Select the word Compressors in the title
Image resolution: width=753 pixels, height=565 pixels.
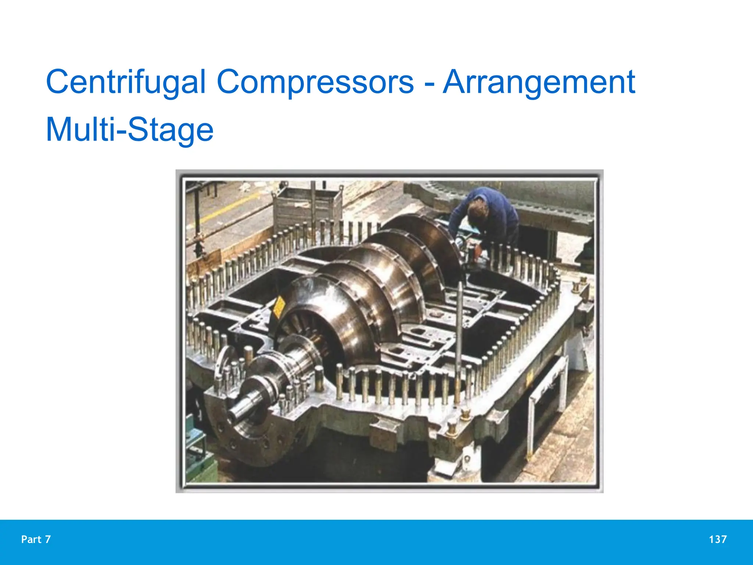(x=315, y=82)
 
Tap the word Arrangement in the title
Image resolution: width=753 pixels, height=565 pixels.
(x=539, y=82)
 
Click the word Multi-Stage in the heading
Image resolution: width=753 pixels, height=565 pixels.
(x=129, y=129)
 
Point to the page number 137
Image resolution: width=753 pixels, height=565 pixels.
(x=717, y=539)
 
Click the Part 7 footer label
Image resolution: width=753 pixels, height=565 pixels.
(x=36, y=539)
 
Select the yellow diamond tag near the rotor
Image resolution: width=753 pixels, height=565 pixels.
(x=279, y=306)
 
